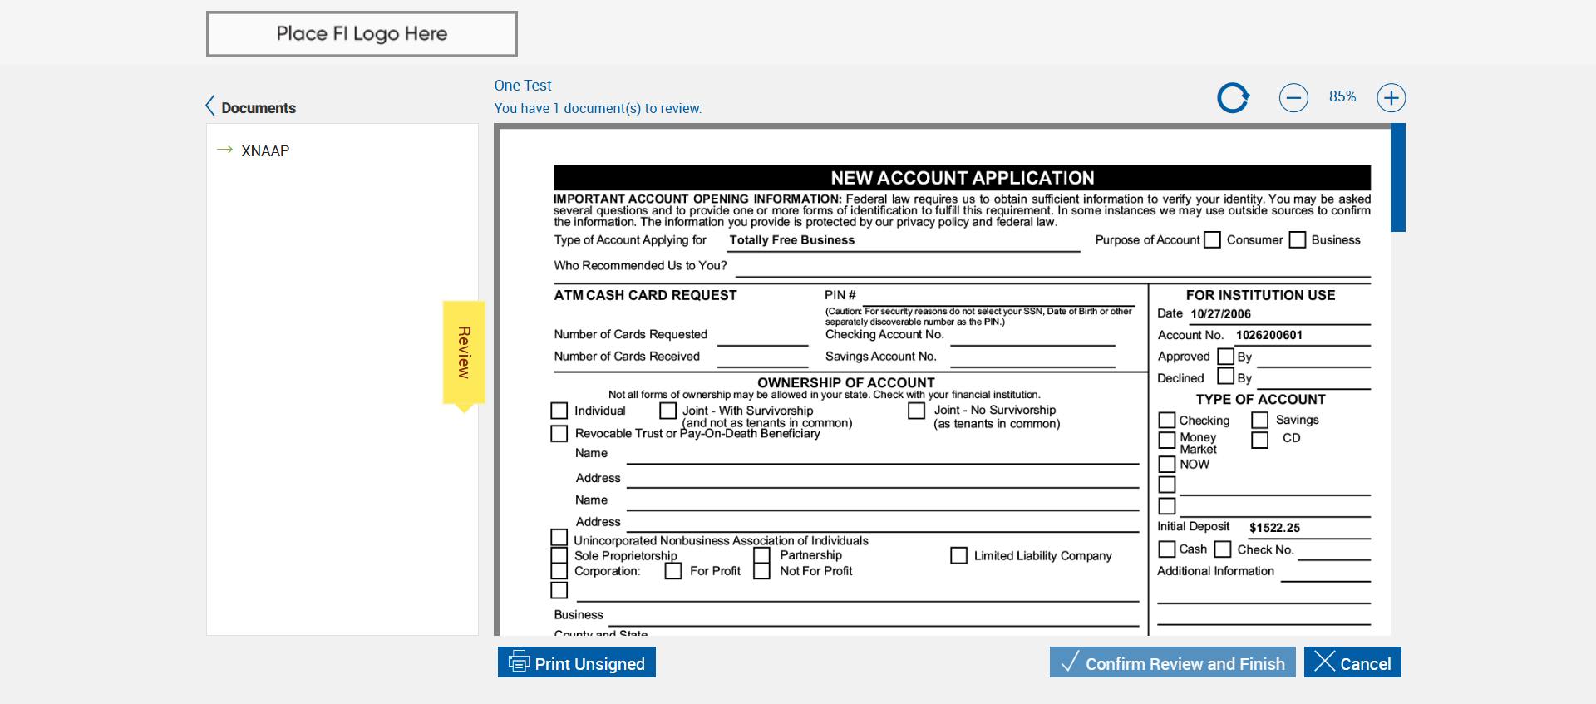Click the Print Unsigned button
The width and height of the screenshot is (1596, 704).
577,662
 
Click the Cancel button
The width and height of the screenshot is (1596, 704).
1352,662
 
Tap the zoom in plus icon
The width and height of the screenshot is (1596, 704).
1391,97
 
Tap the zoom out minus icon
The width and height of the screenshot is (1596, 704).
1293,97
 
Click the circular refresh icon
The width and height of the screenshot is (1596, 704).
1233,97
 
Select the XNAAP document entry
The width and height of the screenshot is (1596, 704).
265,150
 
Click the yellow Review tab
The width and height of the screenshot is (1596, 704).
464,352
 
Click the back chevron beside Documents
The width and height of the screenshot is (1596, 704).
210,106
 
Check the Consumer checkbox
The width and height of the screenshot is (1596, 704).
1213,240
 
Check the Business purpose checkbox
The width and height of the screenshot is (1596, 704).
1298,240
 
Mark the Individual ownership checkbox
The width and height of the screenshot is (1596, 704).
559,411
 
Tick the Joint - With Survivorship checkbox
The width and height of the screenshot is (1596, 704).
667,411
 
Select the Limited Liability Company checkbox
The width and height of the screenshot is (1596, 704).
958,555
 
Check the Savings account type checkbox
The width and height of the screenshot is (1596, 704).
1260,421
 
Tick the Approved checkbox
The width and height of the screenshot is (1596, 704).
1225,357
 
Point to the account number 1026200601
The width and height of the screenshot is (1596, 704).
1268,335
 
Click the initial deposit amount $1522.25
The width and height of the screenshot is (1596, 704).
1274,528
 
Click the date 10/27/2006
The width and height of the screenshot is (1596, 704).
1220,314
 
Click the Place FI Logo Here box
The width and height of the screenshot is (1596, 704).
362,34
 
